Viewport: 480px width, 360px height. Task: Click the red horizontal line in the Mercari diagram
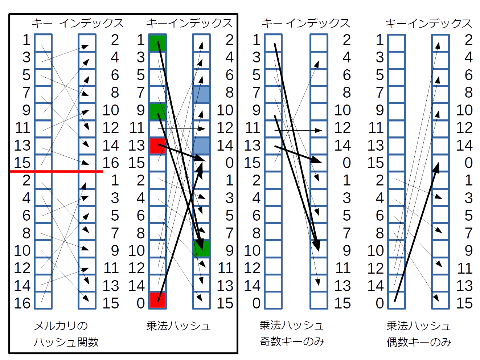[x=57, y=171]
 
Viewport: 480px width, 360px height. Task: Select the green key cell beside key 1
[x=157, y=43]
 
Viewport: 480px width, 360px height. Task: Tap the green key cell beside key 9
[x=157, y=111]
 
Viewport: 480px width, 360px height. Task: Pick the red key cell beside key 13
[x=157, y=146]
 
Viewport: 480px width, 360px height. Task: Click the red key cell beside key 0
[x=157, y=300]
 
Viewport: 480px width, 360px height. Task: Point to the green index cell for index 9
[x=201, y=249]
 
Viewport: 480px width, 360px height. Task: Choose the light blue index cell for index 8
[x=201, y=94]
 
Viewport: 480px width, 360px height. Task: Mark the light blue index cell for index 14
[x=201, y=146]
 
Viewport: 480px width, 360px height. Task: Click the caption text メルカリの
[x=61, y=326]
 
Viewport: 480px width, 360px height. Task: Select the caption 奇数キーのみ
[x=292, y=341]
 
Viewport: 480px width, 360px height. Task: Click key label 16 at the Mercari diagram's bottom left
[x=22, y=303]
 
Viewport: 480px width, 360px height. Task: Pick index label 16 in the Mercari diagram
[x=111, y=163]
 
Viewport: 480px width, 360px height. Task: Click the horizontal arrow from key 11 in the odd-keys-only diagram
[x=298, y=131]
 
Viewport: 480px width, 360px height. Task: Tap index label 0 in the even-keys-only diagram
[x=468, y=163]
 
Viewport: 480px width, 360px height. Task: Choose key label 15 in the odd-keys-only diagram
[x=253, y=163]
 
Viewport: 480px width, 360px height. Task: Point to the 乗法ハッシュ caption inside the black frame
[x=178, y=326]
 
